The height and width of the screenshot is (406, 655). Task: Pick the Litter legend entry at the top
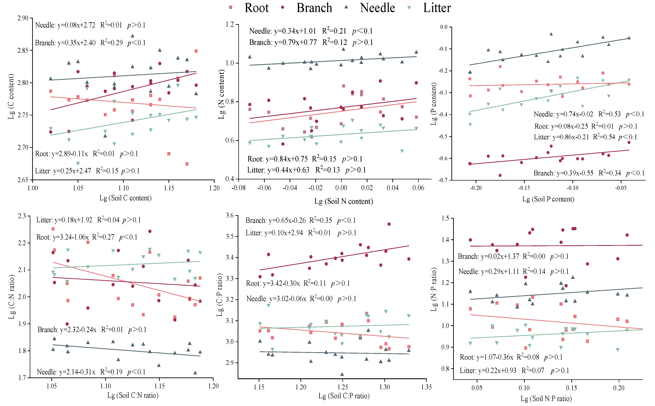[437, 8]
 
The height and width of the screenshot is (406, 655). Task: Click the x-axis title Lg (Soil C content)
[125, 198]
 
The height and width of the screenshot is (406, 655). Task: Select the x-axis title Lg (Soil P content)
[548, 199]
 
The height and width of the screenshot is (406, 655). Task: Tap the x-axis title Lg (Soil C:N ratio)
[133, 395]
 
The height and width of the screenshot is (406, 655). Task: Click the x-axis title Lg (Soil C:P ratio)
[344, 396]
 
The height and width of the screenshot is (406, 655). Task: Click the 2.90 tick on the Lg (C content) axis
[23, 18]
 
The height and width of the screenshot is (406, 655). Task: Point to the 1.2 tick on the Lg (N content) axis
[230, 24]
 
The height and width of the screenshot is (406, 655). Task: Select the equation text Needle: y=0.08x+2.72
[65, 25]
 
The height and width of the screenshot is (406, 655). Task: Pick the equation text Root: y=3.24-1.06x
[63, 237]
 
